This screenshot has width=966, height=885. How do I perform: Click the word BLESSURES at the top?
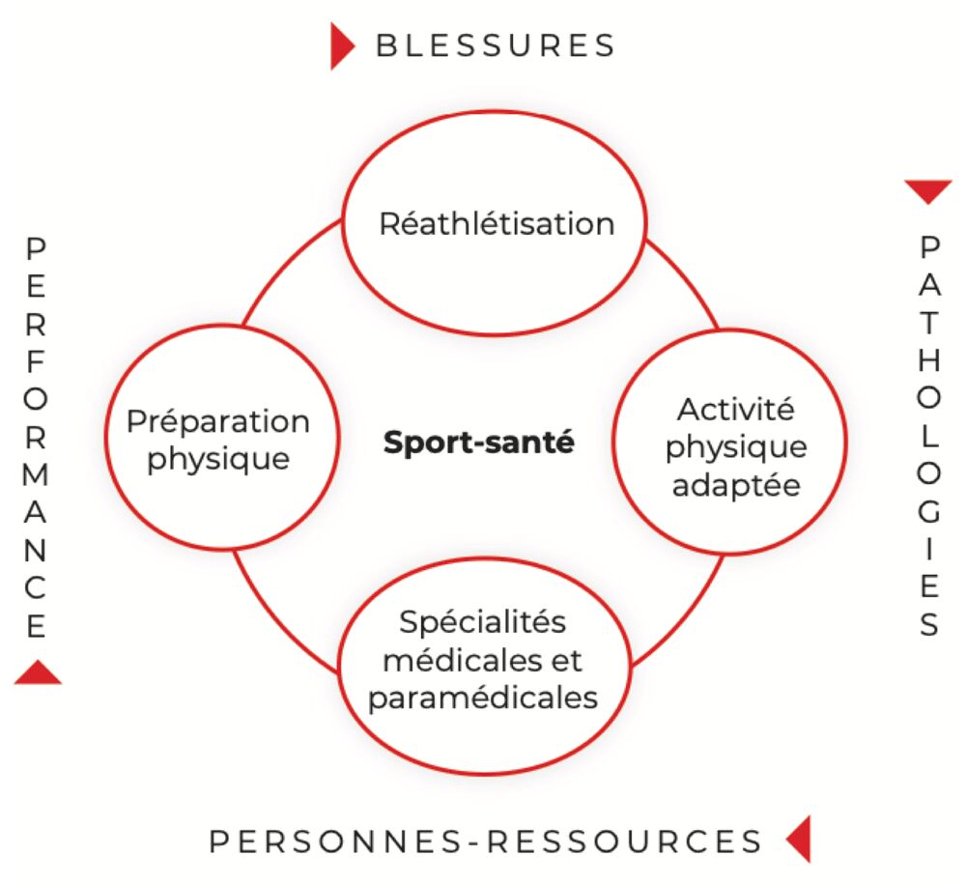[x=496, y=45]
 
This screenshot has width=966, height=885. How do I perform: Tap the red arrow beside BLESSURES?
[x=342, y=46]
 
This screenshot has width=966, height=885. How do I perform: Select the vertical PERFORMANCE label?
[x=36, y=438]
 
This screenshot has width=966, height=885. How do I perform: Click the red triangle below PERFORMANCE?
[x=38, y=673]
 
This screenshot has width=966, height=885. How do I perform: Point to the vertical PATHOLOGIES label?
[x=929, y=437]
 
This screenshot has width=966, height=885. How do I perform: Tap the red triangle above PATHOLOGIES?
[x=928, y=191]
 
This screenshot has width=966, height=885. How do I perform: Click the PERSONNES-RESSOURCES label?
[x=486, y=842]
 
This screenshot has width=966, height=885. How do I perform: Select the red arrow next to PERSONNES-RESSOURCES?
[x=799, y=839]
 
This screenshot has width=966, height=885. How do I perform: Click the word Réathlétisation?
[x=497, y=223]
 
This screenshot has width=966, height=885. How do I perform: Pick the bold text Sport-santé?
[x=479, y=442]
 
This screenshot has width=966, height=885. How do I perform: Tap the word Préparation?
[x=218, y=421]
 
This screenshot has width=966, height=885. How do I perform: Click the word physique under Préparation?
[x=218, y=460]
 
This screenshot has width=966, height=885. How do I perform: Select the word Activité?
[x=735, y=410]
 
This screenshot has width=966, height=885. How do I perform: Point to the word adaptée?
[x=736, y=486]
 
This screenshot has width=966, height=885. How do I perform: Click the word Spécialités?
[x=482, y=622]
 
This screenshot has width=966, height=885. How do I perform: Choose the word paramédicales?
[x=483, y=699]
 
